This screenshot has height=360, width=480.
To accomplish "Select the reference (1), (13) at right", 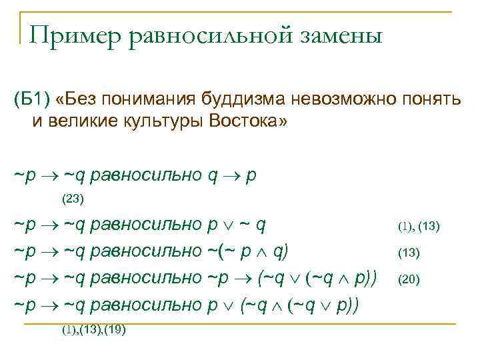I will pos(419,227).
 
